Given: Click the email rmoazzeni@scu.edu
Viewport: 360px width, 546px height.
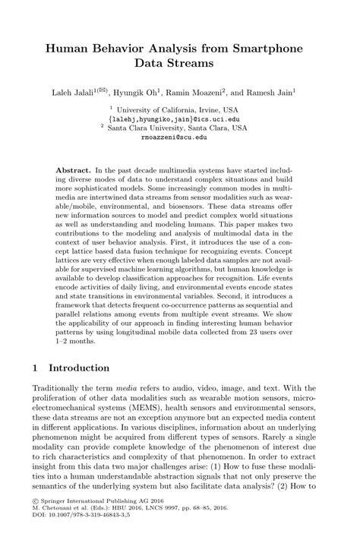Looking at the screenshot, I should (x=180, y=138).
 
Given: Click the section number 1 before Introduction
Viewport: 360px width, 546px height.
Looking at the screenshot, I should (x=36, y=368).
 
